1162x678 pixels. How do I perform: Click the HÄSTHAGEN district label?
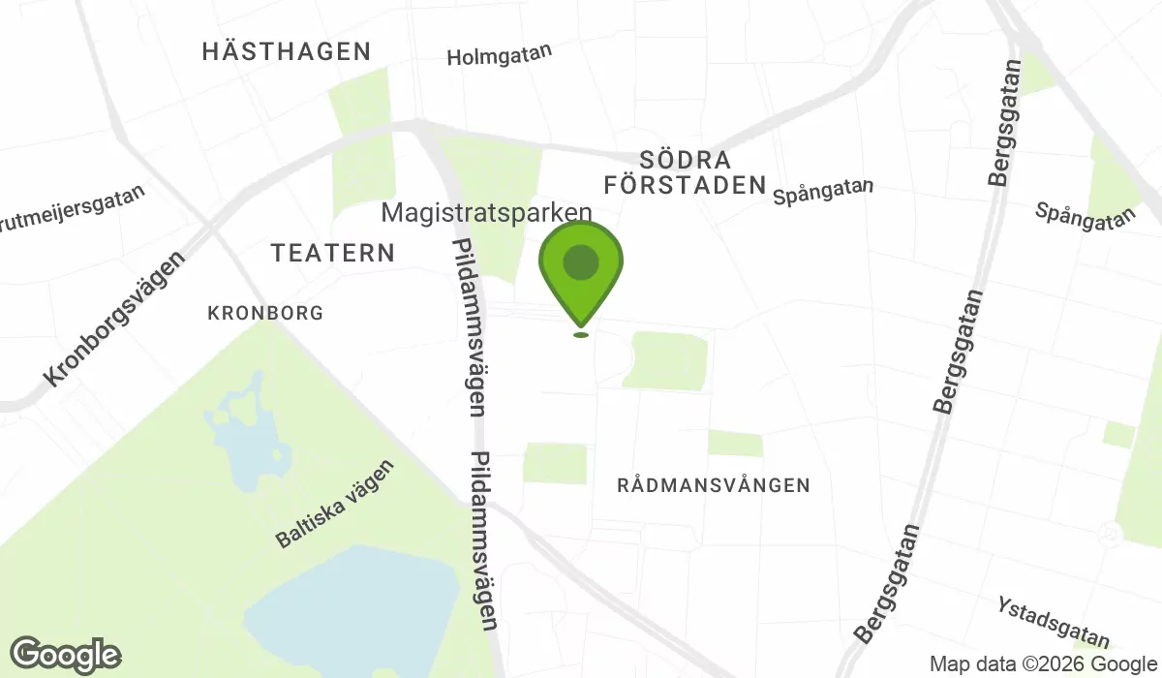[x=287, y=51]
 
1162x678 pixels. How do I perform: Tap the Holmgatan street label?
[x=499, y=55]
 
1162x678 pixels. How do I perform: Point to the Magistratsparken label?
[x=486, y=212]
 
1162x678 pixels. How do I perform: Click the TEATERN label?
[x=333, y=253]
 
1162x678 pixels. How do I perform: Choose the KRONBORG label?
[x=265, y=314]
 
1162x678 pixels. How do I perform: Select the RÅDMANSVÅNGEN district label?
[x=713, y=485]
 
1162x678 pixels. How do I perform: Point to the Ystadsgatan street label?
[x=1053, y=621]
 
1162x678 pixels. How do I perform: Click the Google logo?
[x=66, y=655]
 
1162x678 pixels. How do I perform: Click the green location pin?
[x=580, y=271]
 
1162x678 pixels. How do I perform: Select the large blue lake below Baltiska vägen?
[x=353, y=601]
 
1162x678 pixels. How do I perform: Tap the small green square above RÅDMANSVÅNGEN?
[x=735, y=444]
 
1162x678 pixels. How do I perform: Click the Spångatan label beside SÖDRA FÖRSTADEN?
[x=824, y=191]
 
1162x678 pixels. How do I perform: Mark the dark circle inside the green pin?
[x=580, y=262]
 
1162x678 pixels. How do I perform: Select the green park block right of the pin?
[x=668, y=360]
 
